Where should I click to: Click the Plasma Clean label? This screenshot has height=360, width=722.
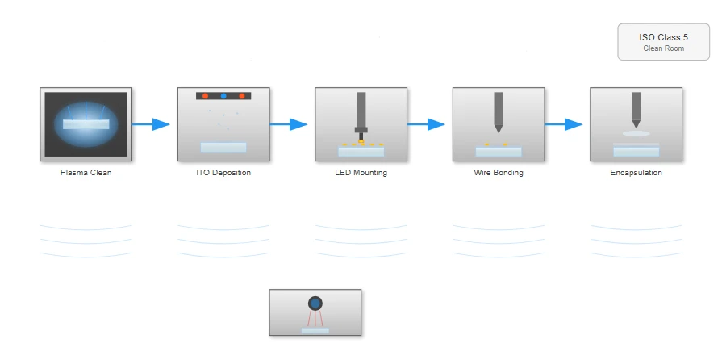[x=86, y=173]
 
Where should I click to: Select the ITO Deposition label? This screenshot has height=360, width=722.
[x=223, y=173]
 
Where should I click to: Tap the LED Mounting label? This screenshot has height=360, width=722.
[x=361, y=173]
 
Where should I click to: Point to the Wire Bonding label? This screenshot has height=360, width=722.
[x=499, y=173]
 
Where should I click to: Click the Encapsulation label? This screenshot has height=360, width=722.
[x=636, y=173]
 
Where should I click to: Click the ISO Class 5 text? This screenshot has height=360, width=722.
[x=664, y=37]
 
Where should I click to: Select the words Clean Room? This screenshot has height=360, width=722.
[x=664, y=48]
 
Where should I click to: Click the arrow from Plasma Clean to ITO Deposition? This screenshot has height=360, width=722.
[x=151, y=124]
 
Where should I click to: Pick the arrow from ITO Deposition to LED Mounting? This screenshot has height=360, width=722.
[x=288, y=124]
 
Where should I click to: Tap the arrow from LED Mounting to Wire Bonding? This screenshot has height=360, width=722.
[x=426, y=124]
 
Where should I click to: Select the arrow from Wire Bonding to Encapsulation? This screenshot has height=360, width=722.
[x=564, y=124]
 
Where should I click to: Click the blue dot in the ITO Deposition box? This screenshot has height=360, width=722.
[x=223, y=96]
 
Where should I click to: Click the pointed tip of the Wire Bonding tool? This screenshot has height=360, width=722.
[x=499, y=132]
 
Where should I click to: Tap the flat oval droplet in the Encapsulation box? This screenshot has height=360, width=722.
[x=636, y=134]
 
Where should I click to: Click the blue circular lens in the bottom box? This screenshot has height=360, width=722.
[x=315, y=303]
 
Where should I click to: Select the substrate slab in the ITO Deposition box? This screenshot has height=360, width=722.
[x=223, y=147]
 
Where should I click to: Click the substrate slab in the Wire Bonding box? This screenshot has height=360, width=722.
[x=499, y=152]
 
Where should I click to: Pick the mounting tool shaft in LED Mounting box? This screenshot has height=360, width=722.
[x=361, y=110]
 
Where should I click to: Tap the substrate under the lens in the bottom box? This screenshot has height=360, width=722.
[x=315, y=330]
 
